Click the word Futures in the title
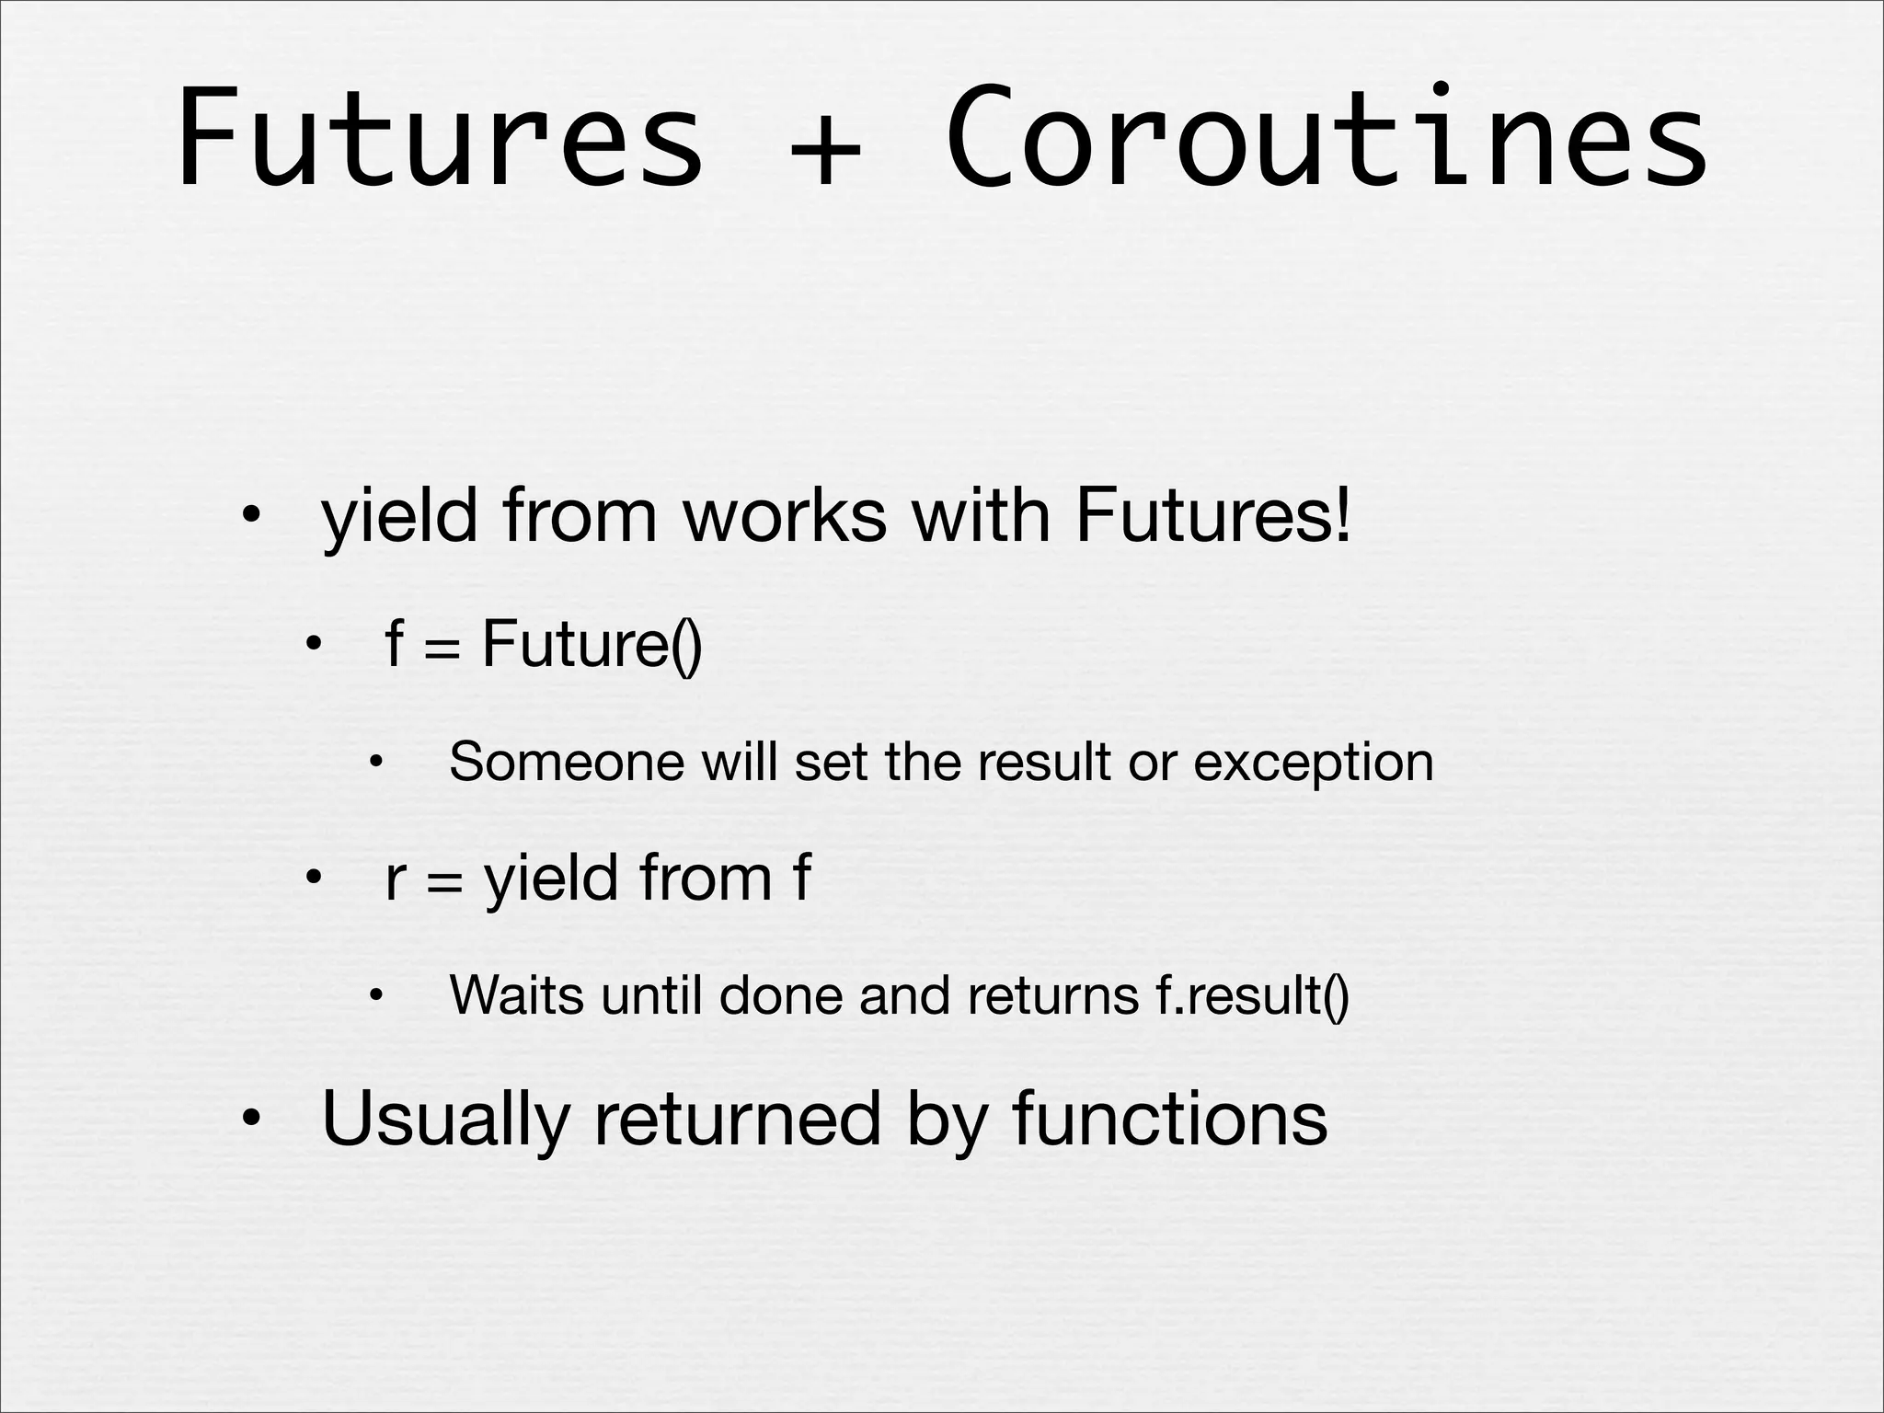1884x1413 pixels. click(440, 138)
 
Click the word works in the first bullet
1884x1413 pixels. click(785, 516)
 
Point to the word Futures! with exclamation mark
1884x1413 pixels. click(1213, 516)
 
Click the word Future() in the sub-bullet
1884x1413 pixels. click(592, 643)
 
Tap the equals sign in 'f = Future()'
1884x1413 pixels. click(441, 647)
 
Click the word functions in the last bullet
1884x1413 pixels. click(1169, 1118)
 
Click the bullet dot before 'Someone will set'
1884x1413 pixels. click(375, 763)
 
